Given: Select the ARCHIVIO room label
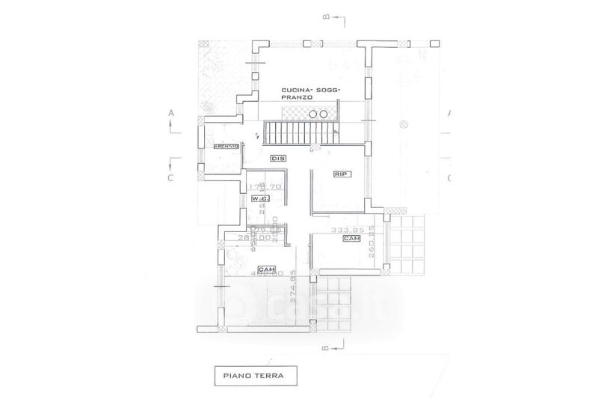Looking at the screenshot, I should [226, 146].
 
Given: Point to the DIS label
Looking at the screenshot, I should [277, 158].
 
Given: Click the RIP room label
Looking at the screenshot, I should [344, 174].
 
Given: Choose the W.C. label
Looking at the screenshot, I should [259, 198].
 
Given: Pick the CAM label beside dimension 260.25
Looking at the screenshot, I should [351, 238].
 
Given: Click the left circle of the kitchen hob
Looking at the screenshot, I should [312, 113].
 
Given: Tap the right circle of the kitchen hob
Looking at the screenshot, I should [324, 113].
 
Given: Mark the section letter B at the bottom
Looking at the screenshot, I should [325, 347].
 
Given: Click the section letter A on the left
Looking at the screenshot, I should [171, 113].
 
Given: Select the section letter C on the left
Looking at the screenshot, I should [171, 178].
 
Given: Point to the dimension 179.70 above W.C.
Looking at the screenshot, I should [265, 186].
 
